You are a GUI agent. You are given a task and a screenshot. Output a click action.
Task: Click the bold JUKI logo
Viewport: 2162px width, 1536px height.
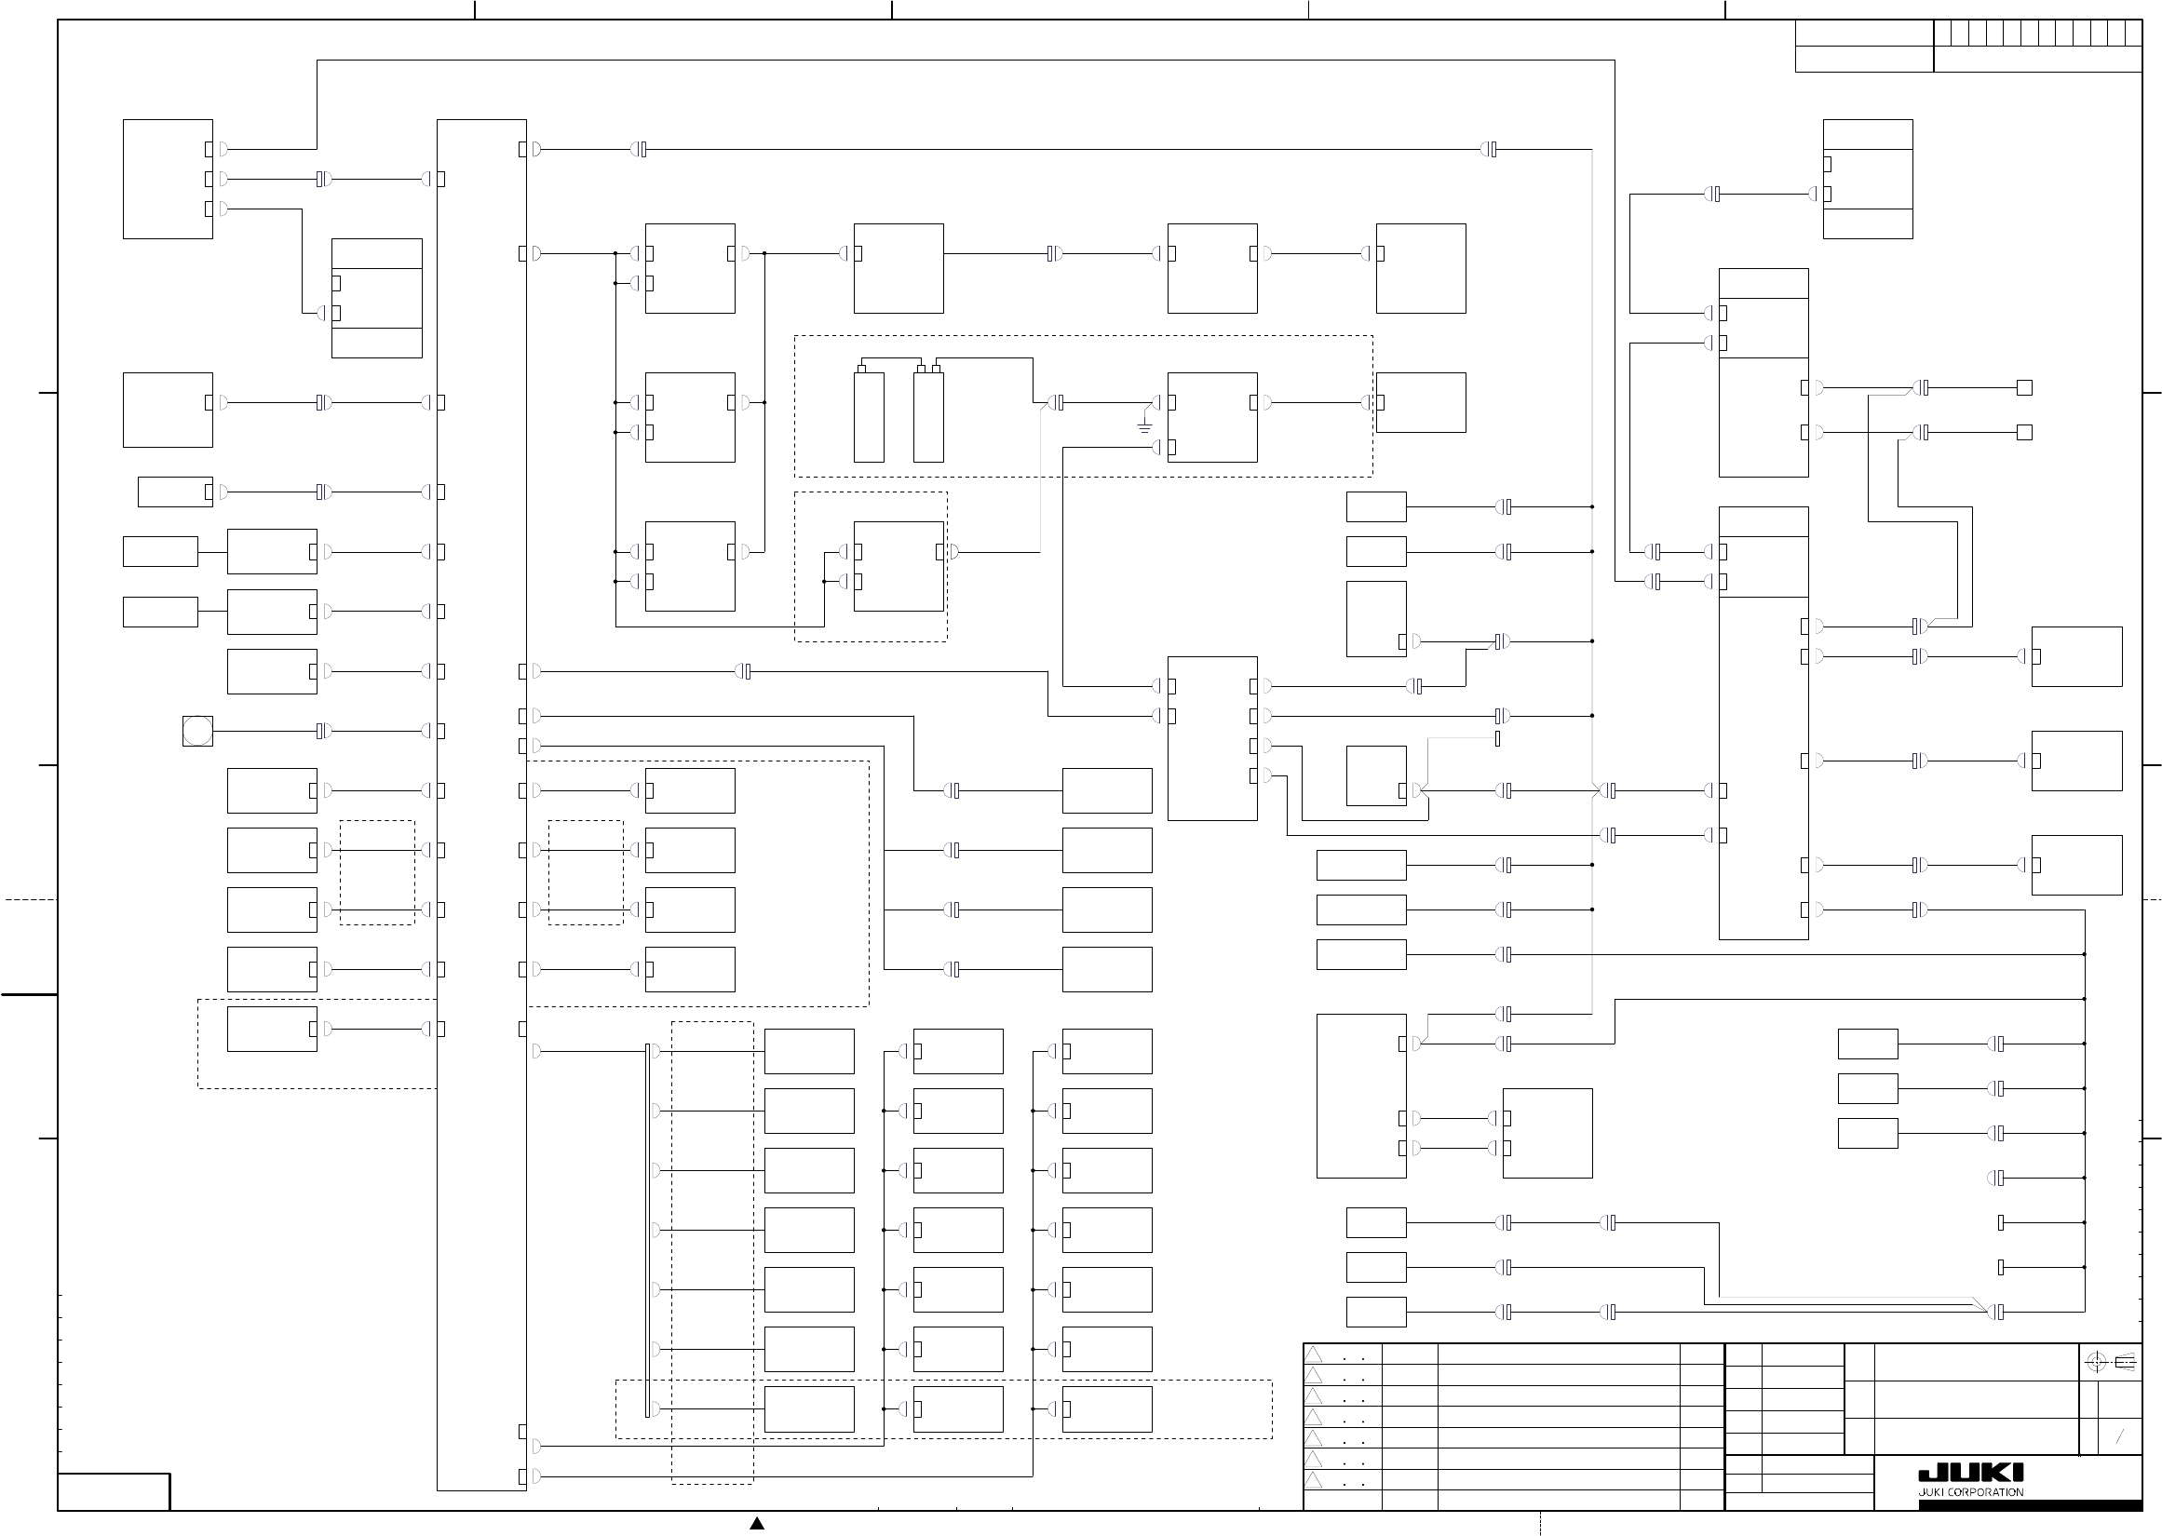[1970, 1474]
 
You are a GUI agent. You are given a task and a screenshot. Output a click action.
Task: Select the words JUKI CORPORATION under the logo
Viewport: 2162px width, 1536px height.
[1970, 1492]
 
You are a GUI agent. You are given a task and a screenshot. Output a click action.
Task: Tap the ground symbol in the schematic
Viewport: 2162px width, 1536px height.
[1144, 427]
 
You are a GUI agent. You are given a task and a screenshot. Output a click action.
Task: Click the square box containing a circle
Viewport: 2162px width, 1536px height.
[197, 731]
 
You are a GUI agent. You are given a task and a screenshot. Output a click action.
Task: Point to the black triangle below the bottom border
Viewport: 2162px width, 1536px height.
[757, 1523]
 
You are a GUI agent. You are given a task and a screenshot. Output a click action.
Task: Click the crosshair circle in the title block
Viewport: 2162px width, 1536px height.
[2096, 1363]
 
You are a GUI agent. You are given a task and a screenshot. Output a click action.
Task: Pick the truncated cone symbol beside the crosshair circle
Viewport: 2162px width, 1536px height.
[2124, 1363]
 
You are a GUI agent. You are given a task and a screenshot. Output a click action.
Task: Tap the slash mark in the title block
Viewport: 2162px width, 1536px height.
[2119, 1436]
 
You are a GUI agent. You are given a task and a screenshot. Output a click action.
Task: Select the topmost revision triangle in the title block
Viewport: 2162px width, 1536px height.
[1314, 1354]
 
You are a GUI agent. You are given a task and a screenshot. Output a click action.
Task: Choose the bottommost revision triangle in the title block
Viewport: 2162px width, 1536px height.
[1314, 1480]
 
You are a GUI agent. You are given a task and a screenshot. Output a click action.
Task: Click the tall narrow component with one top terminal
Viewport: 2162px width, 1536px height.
[868, 416]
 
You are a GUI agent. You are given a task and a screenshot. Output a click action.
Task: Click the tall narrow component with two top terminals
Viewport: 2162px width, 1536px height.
[928, 416]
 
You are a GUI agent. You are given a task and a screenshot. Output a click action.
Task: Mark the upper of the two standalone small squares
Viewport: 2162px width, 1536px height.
[2025, 388]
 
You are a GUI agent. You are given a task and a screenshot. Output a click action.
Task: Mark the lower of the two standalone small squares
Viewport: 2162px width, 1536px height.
[2025, 432]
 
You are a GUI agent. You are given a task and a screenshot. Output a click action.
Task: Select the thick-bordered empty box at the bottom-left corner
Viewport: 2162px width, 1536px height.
[114, 1491]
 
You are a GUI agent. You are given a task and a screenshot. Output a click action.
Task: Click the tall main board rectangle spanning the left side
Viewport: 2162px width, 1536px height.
[481, 804]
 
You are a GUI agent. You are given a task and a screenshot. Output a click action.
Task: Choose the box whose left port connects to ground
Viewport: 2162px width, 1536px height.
[1212, 417]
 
